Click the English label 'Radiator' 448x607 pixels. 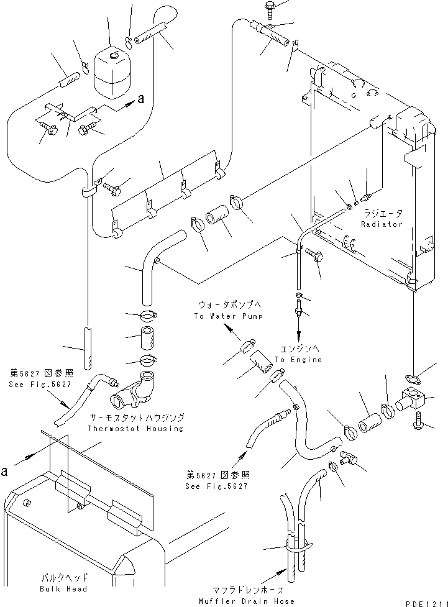click(382, 224)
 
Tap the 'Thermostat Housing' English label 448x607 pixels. click(135, 429)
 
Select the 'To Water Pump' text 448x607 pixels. click(229, 316)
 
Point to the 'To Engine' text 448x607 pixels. click(298, 360)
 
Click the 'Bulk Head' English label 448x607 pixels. click(63, 589)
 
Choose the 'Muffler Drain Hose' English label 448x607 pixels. click(247, 601)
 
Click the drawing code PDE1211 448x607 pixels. click(427, 603)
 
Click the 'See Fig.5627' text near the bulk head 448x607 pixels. click(40, 385)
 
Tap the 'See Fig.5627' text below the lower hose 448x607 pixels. click(216, 486)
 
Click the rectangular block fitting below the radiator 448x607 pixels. click(413, 400)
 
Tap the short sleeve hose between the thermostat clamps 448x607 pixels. click(147, 336)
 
